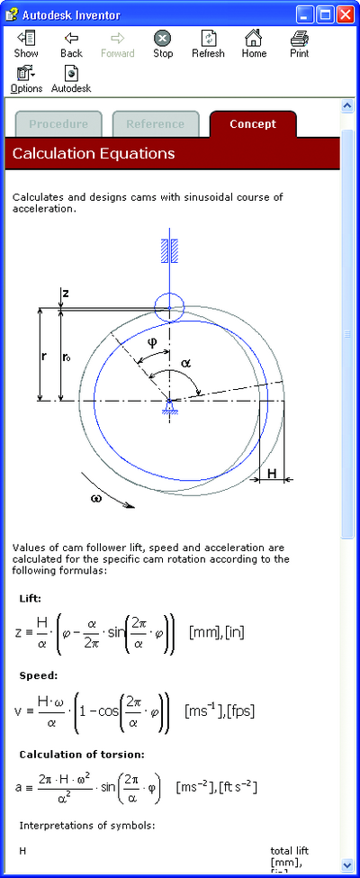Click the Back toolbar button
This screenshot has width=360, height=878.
(x=71, y=45)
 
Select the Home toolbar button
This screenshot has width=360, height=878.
(x=253, y=45)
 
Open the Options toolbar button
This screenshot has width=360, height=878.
(x=26, y=79)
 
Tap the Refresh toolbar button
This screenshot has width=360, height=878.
(x=208, y=45)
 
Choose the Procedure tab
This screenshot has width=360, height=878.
(x=58, y=124)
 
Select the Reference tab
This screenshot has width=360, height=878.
(x=155, y=124)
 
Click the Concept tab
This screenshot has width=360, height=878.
(x=253, y=124)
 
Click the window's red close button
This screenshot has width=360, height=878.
(x=345, y=14)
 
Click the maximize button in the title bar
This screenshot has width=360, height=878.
(x=325, y=14)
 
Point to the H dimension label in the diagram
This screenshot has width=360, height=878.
(x=272, y=474)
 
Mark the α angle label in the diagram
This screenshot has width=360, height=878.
(x=186, y=363)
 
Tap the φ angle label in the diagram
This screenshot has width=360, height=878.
(x=152, y=341)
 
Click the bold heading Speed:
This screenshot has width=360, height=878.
(x=39, y=675)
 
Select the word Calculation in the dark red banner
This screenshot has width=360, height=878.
(x=49, y=153)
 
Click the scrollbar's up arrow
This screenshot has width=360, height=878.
(x=347, y=106)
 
